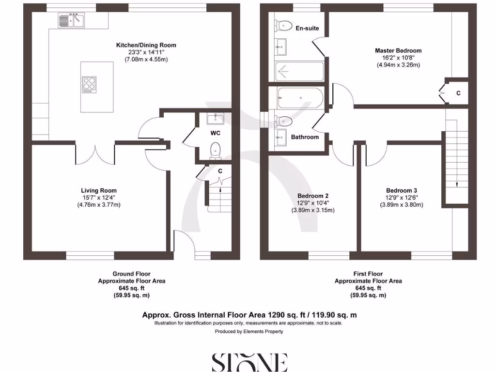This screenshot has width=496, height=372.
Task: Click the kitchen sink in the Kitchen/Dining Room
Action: (71, 20)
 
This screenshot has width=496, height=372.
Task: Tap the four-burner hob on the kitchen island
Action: (89, 84)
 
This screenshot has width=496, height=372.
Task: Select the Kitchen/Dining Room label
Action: (146, 45)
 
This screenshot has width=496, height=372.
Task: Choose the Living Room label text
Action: (98, 190)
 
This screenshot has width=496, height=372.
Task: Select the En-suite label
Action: (307, 28)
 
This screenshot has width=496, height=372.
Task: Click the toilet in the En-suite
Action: (283, 25)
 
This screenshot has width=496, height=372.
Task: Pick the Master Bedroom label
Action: (398, 50)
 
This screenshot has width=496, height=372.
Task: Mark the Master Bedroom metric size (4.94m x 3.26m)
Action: (398, 65)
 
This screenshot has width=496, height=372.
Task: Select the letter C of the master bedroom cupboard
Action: (458, 93)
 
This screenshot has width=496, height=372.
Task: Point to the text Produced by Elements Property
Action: (249, 332)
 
